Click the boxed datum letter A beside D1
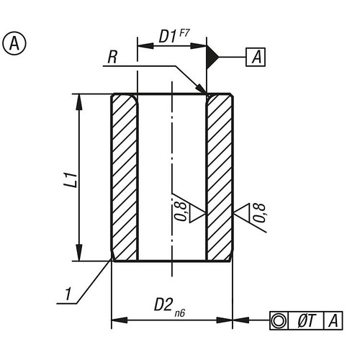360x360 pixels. tap(256, 55)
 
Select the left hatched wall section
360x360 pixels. tap(124, 178)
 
